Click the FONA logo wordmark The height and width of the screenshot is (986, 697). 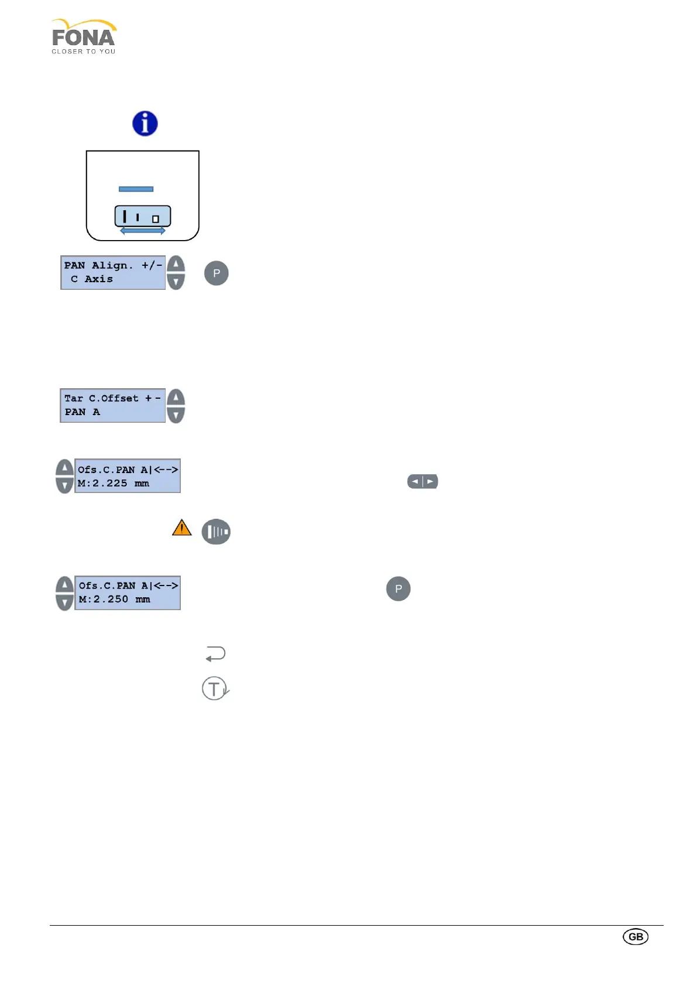[x=83, y=38]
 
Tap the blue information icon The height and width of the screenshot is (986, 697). [x=145, y=124]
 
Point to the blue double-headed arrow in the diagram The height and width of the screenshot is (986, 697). [x=142, y=231]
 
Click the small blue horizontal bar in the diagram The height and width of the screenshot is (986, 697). [x=136, y=189]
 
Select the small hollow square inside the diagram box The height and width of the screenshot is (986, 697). [x=156, y=219]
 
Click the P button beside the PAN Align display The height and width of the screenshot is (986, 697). [x=216, y=273]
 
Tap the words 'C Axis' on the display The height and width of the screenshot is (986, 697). [x=92, y=279]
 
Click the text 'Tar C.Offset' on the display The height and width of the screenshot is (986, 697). [x=101, y=398]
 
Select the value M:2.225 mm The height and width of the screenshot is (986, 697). [x=113, y=484]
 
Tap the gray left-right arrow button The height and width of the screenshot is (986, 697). [x=423, y=481]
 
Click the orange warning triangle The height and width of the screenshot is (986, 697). [x=182, y=528]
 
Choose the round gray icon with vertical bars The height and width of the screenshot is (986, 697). [x=216, y=532]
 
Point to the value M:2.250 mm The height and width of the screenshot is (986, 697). [x=114, y=600]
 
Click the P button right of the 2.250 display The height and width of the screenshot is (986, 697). [x=398, y=589]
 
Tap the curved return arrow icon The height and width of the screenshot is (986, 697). [x=215, y=653]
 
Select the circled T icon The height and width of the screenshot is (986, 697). [x=215, y=689]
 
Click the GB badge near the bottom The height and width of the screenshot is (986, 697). [x=636, y=937]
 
